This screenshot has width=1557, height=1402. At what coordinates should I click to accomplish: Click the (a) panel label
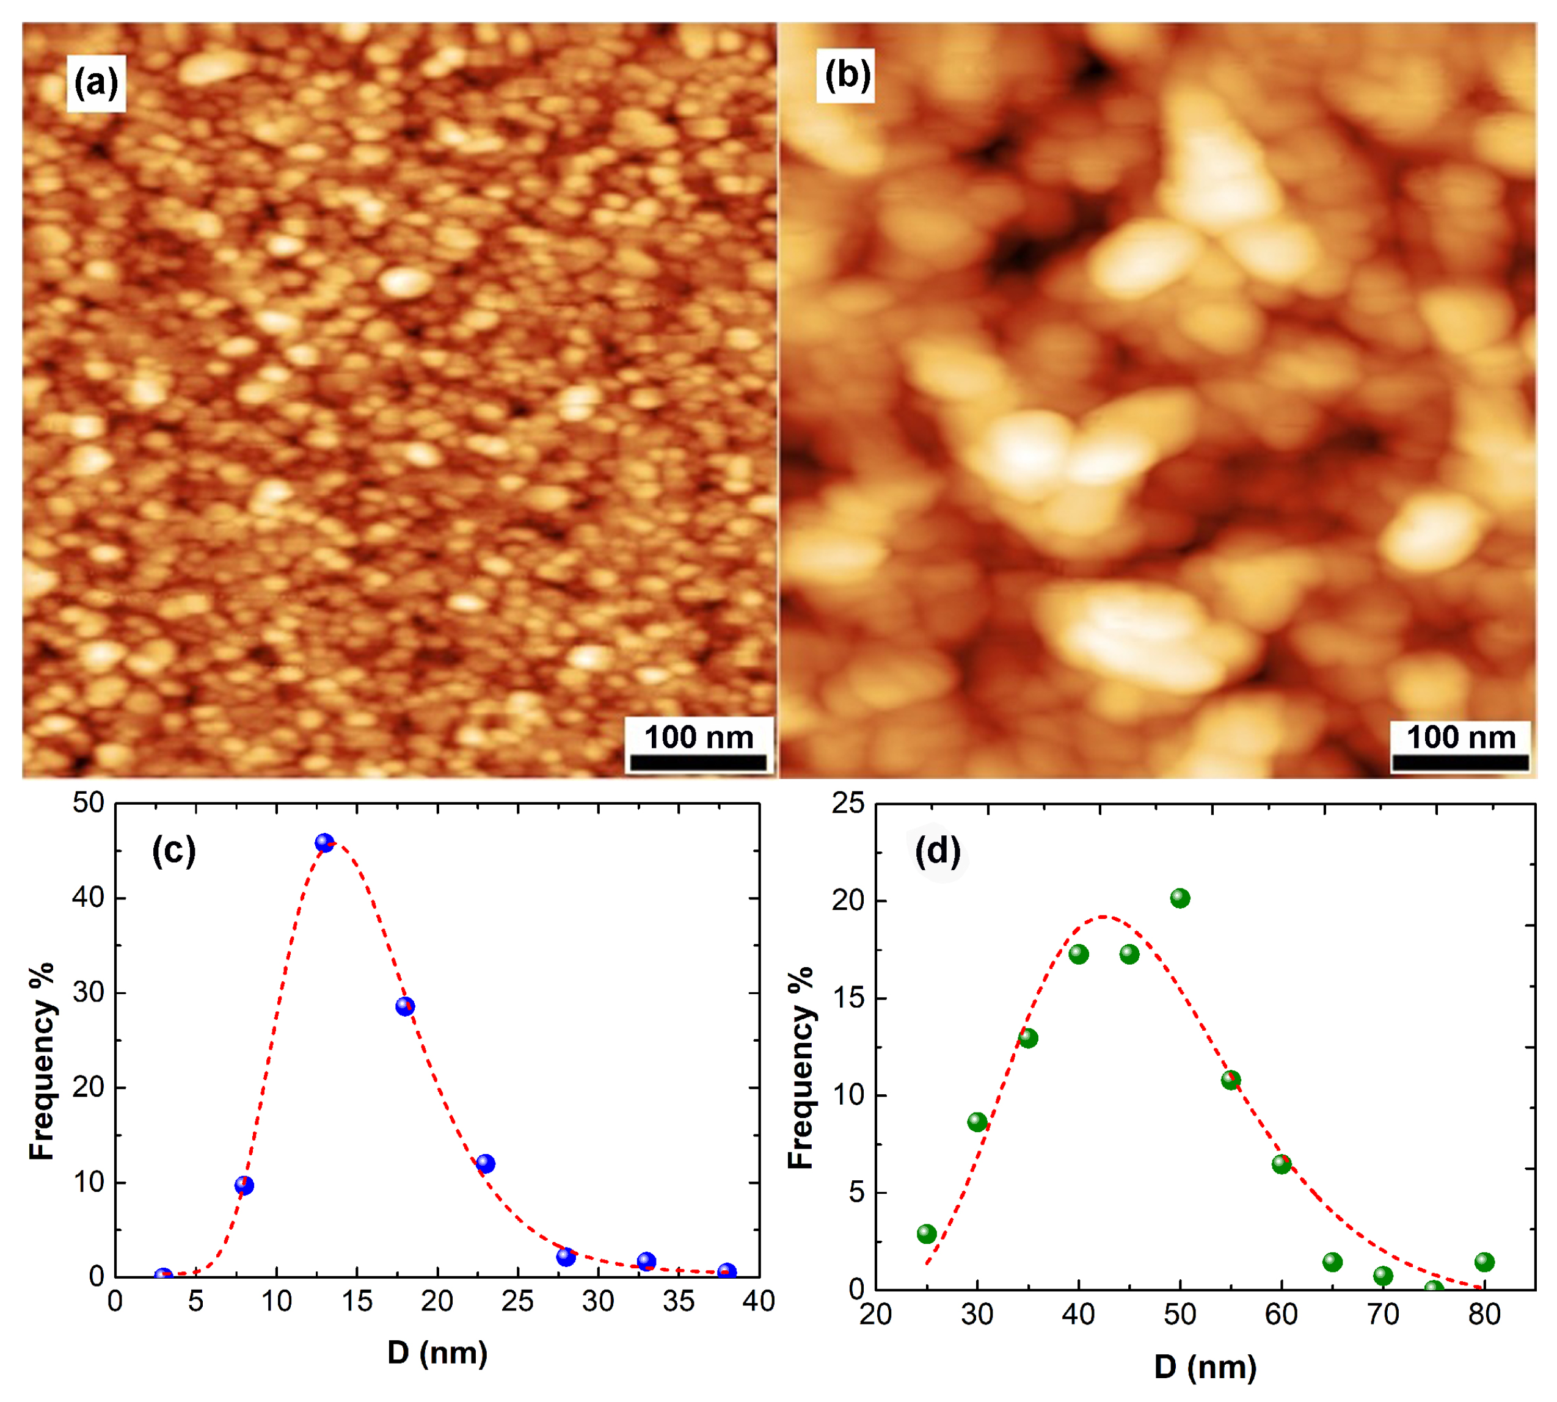pos(95,82)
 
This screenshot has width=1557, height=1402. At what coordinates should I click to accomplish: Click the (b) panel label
pos(847,76)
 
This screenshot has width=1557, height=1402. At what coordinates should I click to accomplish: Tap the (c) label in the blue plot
pos(174,851)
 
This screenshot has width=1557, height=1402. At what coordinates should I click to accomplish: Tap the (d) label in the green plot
pos(938,851)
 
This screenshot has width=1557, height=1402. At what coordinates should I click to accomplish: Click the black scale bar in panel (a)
pos(698,762)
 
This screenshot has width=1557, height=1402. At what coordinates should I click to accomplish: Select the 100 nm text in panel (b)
pos(1462,737)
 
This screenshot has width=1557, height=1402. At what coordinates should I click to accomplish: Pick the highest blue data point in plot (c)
pos(324,843)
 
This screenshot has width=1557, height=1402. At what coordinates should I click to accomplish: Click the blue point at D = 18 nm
pos(405,1006)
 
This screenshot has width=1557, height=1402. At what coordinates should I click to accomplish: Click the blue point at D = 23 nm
pos(486,1163)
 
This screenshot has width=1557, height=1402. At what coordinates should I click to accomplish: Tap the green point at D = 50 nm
pos(1180,898)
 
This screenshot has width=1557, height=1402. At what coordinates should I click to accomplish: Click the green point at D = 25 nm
pos(927,1234)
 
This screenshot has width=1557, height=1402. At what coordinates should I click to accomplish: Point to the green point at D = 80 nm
pos(1484,1262)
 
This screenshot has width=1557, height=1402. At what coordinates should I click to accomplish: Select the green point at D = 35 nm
pos(1028,1039)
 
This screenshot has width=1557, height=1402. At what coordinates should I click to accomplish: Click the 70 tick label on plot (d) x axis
pos(1383,1314)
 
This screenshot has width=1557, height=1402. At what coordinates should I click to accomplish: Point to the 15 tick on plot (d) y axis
pos(849,998)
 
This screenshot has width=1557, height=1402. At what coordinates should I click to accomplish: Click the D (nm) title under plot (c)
pos(437,1352)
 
